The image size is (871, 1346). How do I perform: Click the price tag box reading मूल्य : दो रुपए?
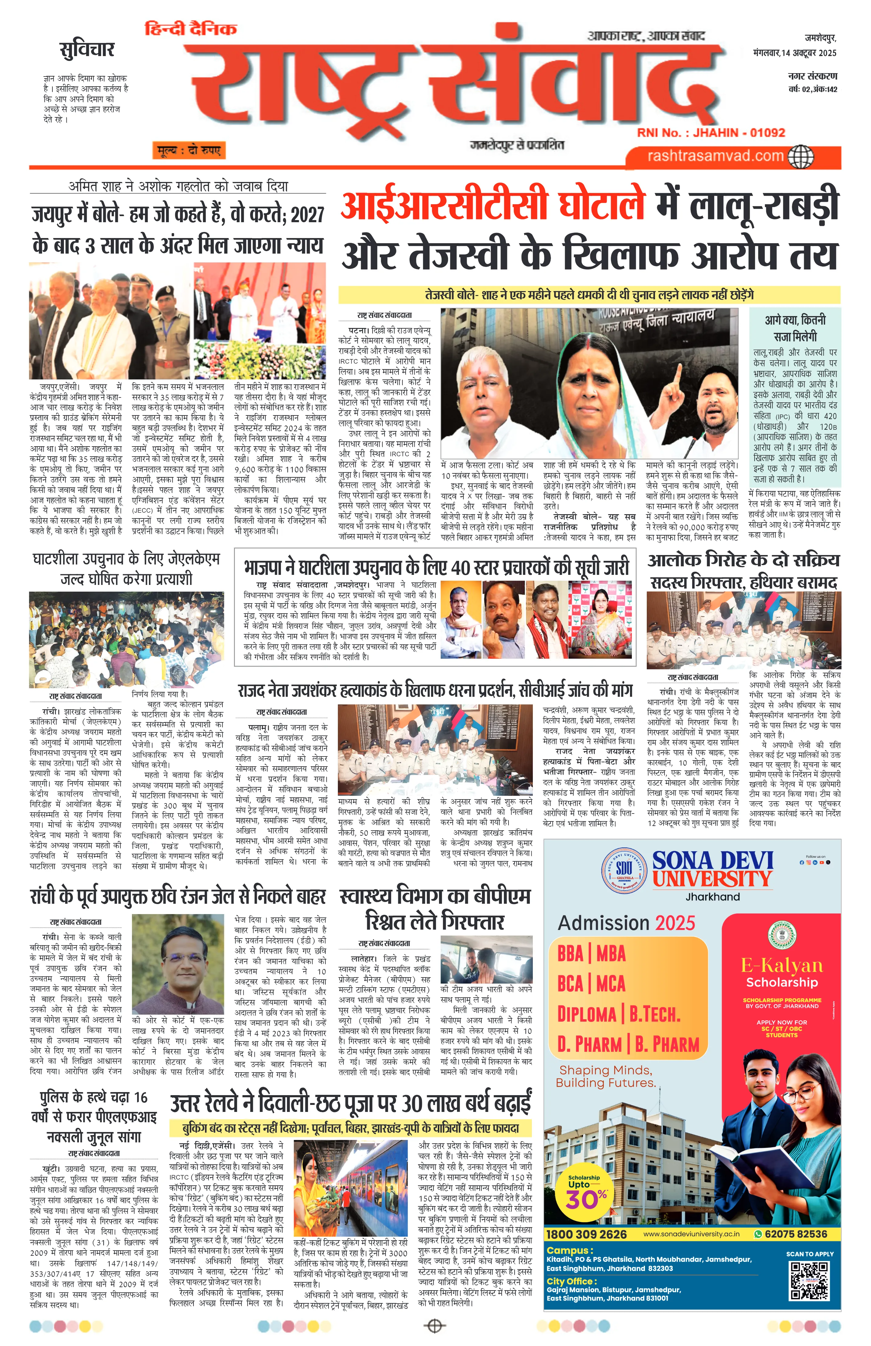pyautogui.click(x=188, y=151)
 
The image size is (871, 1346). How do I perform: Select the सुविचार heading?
pyautogui.click(x=87, y=50)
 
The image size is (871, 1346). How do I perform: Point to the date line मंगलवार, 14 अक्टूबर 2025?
pyautogui.click(x=794, y=53)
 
